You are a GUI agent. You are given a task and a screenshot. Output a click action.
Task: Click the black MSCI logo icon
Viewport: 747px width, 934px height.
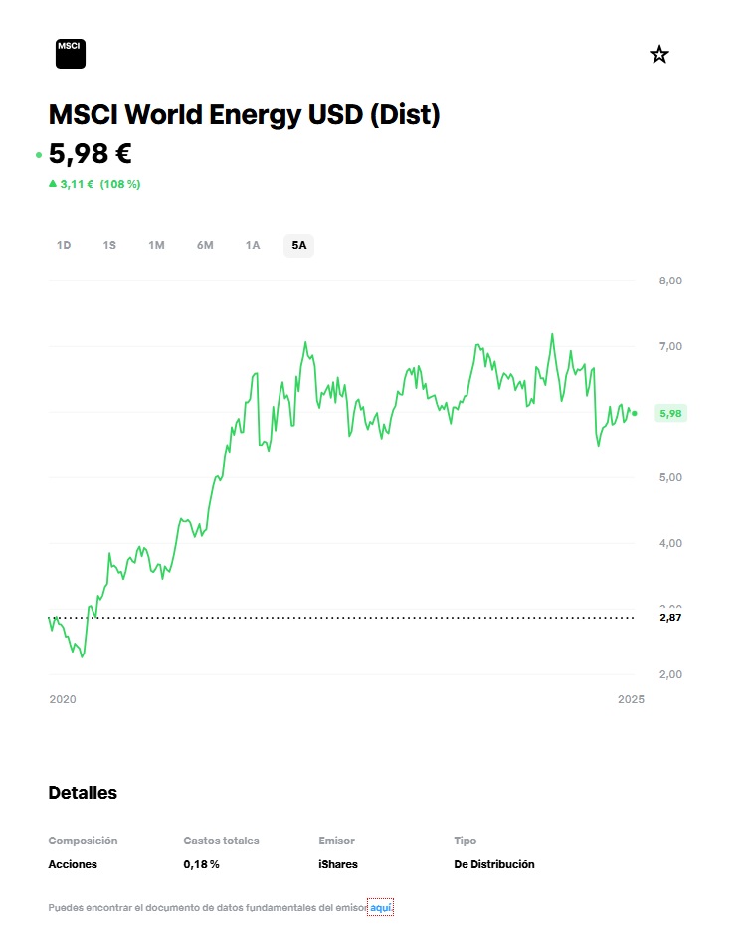(x=71, y=54)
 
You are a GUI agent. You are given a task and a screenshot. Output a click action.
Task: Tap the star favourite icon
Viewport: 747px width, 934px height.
(x=658, y=55)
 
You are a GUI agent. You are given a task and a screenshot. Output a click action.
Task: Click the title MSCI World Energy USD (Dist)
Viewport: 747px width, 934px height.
(x=244, y=115)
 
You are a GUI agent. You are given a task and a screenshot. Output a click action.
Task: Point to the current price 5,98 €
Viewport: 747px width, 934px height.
(x=90, y=154)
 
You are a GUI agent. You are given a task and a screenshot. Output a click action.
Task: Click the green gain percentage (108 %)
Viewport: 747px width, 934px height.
(x=120, y=184)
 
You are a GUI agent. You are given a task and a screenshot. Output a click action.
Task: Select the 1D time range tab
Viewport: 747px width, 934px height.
(x=64, y=245)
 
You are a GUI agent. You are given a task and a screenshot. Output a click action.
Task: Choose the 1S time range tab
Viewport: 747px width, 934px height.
(x=109, y=245)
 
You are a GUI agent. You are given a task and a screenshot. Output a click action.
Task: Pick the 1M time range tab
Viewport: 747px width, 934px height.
(x=156, y=245)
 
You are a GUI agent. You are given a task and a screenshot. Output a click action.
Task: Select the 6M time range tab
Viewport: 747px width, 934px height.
(x=205, y=245)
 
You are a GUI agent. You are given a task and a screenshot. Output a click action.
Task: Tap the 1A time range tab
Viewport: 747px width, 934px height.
(x=253, y=245)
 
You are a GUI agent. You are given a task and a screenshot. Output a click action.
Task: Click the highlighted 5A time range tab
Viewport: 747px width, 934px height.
(x=299, y=245)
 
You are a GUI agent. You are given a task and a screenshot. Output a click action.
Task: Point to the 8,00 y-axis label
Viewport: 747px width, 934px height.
(x=670, y=281)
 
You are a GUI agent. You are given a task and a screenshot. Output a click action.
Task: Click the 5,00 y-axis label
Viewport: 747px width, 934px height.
(x=670, y=477)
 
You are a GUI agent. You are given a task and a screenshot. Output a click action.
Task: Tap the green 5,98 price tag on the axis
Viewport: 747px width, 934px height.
(x=671, y=413)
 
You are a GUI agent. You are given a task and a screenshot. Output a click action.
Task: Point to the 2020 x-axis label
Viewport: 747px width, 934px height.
(x=63, y=699)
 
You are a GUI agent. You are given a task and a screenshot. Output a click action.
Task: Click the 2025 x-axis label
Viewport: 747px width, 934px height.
(x=631, y=699)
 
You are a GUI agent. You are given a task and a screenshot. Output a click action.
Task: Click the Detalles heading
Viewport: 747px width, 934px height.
(x=83, y=793)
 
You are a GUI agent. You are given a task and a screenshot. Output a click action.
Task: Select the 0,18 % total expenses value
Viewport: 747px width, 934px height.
(x=201, y=864)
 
